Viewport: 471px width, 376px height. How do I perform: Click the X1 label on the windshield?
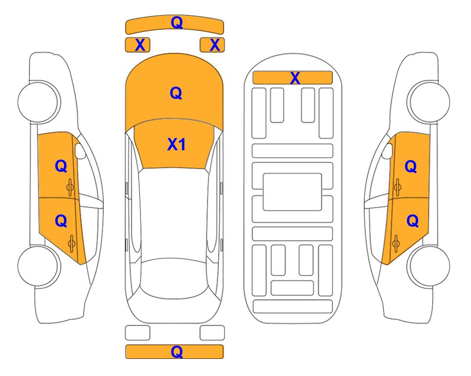(177, 144)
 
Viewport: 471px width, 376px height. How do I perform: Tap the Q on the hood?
(176, 93)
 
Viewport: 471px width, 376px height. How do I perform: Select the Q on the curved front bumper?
(177, 23)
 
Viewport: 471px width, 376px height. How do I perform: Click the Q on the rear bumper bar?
(177, 352)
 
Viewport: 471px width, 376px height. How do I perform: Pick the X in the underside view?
(295, 78)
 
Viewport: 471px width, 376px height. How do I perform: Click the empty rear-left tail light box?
(137, 333)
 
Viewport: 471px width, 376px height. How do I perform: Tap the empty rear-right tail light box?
(212, 333)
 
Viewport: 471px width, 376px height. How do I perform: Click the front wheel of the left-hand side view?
(38, 102)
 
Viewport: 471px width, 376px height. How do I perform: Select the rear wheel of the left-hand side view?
(38, 266)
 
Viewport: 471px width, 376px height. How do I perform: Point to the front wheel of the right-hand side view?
(429, 102)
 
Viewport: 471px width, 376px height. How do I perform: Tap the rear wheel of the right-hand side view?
(429, 266)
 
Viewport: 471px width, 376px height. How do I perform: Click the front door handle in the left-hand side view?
(70, 187)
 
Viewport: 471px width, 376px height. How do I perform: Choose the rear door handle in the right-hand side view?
(396, 244)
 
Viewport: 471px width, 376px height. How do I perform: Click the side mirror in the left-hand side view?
(80, 151)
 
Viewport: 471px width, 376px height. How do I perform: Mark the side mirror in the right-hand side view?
(387, 151)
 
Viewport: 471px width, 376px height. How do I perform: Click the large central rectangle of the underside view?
(292, 192)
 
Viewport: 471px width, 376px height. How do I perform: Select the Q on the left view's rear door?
(61, 221)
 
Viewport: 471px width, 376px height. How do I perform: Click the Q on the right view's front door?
(411, 166)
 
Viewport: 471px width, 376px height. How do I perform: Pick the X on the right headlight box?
(215, 45)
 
